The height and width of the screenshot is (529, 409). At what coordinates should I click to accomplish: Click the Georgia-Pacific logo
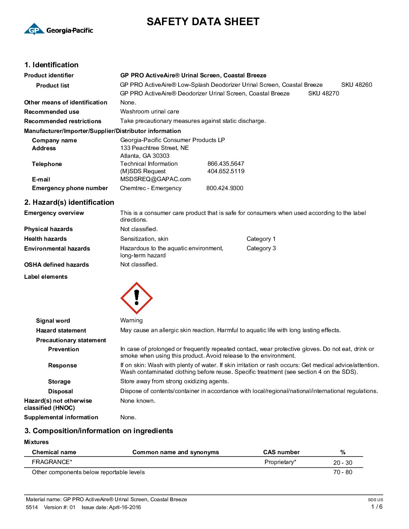(58, 29)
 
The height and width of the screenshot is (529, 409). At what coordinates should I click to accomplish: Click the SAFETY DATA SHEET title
(203, 22)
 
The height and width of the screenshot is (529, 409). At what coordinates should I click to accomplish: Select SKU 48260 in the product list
(356, 85)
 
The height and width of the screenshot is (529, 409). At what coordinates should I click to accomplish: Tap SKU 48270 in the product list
(323, 94)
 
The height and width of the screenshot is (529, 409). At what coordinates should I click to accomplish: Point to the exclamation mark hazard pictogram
(136, 298)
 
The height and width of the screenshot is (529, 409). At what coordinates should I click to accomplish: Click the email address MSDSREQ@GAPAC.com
(155, 179)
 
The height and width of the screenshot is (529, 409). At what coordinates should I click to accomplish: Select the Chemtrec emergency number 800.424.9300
(225, 188)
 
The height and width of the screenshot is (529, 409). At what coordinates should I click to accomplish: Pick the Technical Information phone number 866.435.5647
(226, 164)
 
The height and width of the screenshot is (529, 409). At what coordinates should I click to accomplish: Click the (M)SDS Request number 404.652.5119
(226, 171)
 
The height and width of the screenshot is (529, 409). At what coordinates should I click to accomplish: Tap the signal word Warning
(131, 320)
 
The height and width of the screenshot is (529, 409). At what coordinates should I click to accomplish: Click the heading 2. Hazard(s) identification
(69, 203)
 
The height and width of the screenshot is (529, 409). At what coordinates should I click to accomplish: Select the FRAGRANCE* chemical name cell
(52, 462)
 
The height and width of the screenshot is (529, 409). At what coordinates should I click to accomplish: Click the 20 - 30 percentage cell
(342, 463)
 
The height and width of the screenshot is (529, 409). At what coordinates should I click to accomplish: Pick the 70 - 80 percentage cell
(342, 472)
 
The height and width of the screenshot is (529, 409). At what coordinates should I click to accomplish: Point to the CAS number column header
(281, 452)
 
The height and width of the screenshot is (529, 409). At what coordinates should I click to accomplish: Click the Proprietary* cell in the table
(280, 462)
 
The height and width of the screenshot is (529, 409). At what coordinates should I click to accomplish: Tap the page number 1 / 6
(377, 507)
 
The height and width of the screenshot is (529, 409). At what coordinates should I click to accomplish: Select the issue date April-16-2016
(125, 508)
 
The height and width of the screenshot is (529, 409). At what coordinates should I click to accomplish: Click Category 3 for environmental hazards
(261, 248)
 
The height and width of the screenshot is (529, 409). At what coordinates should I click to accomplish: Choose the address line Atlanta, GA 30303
(145, 156)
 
